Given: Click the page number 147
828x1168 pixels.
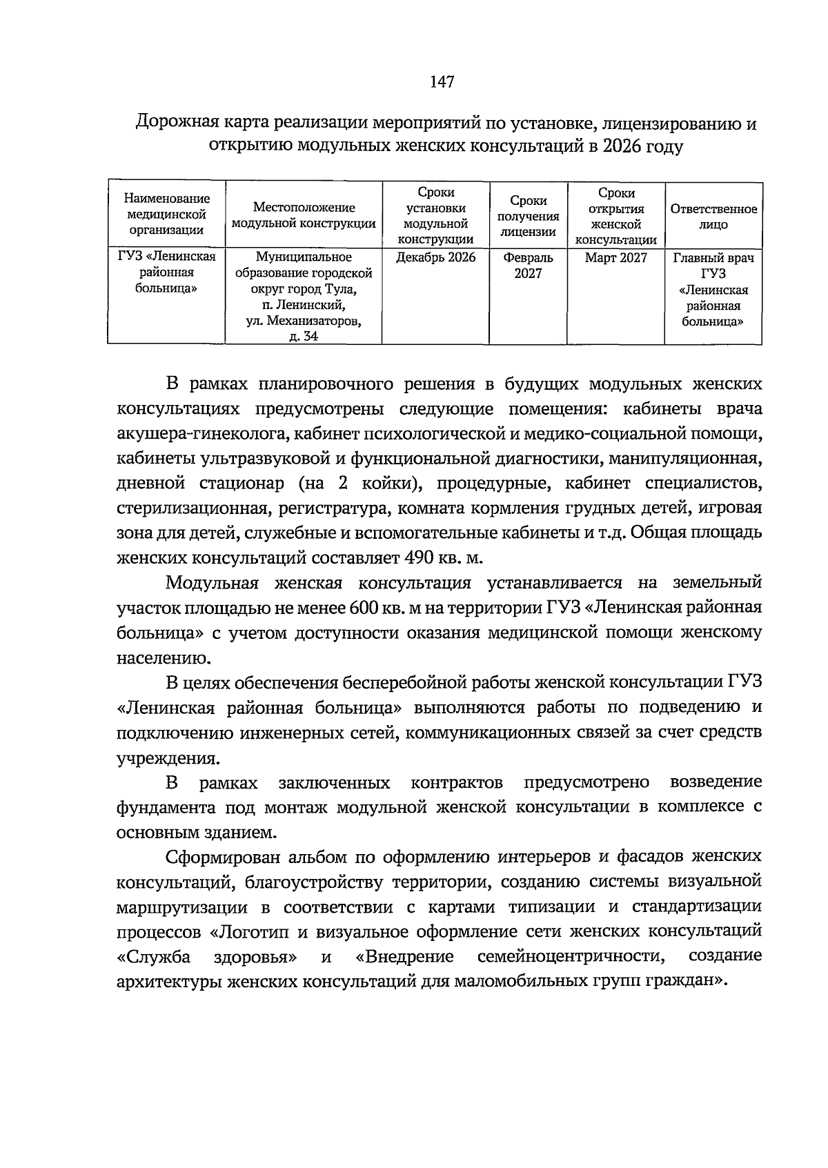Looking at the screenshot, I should (x=442, y=82).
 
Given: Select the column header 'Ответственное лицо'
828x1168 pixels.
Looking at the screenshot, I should (x=713, y=216).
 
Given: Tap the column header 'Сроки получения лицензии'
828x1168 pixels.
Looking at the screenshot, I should (x=528, y=215).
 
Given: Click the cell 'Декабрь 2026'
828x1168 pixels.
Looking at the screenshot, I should (x=435, y=258).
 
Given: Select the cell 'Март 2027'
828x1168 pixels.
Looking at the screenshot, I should (x=615, y=258).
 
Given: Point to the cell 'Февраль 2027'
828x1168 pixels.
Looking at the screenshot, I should (x=528, y=266).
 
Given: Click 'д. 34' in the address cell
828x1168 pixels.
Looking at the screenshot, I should (x=304, y=337).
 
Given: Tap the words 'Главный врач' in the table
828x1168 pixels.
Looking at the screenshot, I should (x=713, y=258).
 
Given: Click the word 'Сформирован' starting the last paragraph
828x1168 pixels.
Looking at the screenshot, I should (x=220, y=856).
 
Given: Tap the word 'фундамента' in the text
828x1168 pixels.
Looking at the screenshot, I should (x=158, y=807).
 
